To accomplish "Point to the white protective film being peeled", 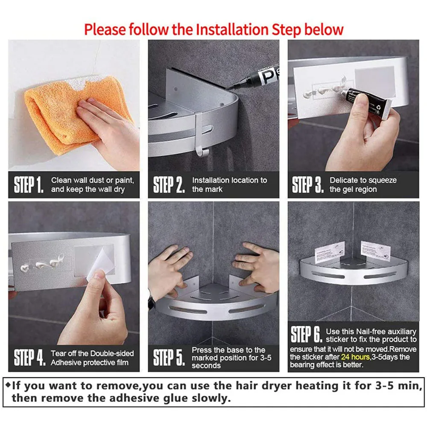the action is click(101, 264).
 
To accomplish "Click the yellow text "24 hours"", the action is click(355, 357).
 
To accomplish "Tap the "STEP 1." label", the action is click(29, 184).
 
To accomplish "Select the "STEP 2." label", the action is click(169, 184).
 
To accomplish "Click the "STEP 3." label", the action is click(308, 184).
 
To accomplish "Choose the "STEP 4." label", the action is click(29, 357).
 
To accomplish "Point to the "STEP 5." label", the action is click(169, 357).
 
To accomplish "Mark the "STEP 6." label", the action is click(306, 334).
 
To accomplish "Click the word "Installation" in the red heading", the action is click(232, 29).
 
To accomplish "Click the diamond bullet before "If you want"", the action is click(8, 385).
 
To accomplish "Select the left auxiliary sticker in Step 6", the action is click(330, 252).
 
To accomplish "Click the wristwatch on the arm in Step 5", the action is click(151, 302).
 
